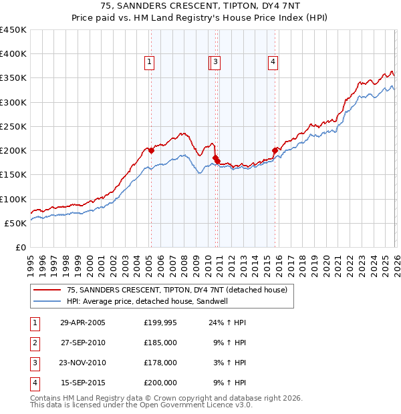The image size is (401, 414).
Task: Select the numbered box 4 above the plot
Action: click(273, 62)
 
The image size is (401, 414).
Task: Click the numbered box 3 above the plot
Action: click(217, 62)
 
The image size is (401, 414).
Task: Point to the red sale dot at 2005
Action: click(151, 151)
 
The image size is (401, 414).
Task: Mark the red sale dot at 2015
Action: click(275, 150)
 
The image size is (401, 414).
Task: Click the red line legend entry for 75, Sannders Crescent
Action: click(176, 290)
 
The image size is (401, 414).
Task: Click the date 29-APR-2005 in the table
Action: click(82, 323)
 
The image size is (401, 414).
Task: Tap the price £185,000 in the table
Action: click(160, 343)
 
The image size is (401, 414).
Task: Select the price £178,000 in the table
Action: click(160, 363)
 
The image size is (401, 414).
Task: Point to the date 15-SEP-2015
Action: click(82, 383)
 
